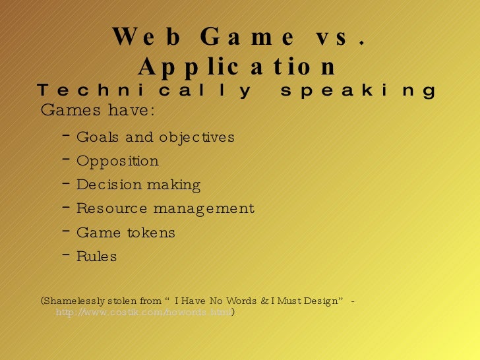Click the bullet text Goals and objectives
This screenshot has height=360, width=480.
[x=156, y=137]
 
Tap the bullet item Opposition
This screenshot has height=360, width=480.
[x=117, y=162]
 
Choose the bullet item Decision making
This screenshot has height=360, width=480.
[x=138, y=185]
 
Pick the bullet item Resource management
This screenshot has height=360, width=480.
[x=165, y=209]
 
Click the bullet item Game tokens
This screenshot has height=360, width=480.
[x=126, y=233]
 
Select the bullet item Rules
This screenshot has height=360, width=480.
[x=96, y=256]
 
